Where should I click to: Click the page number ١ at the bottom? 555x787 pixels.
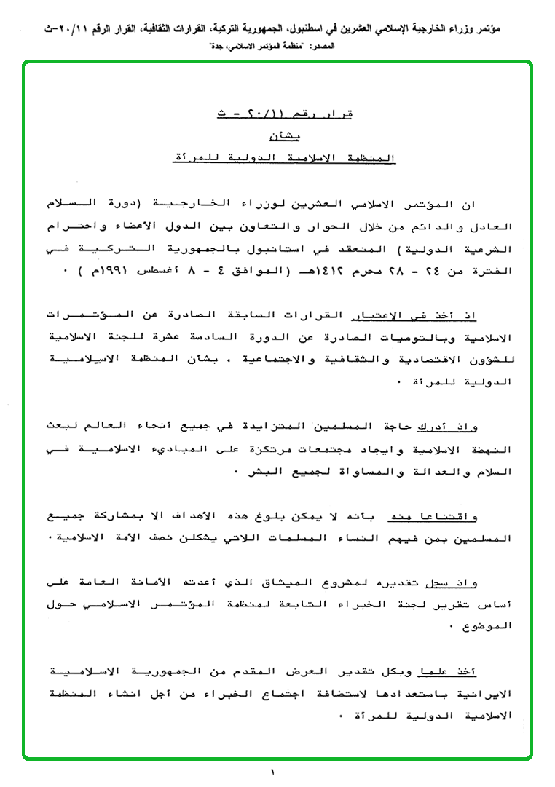click(272, 772)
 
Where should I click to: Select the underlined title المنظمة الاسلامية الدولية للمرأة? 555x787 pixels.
click(278, 157)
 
